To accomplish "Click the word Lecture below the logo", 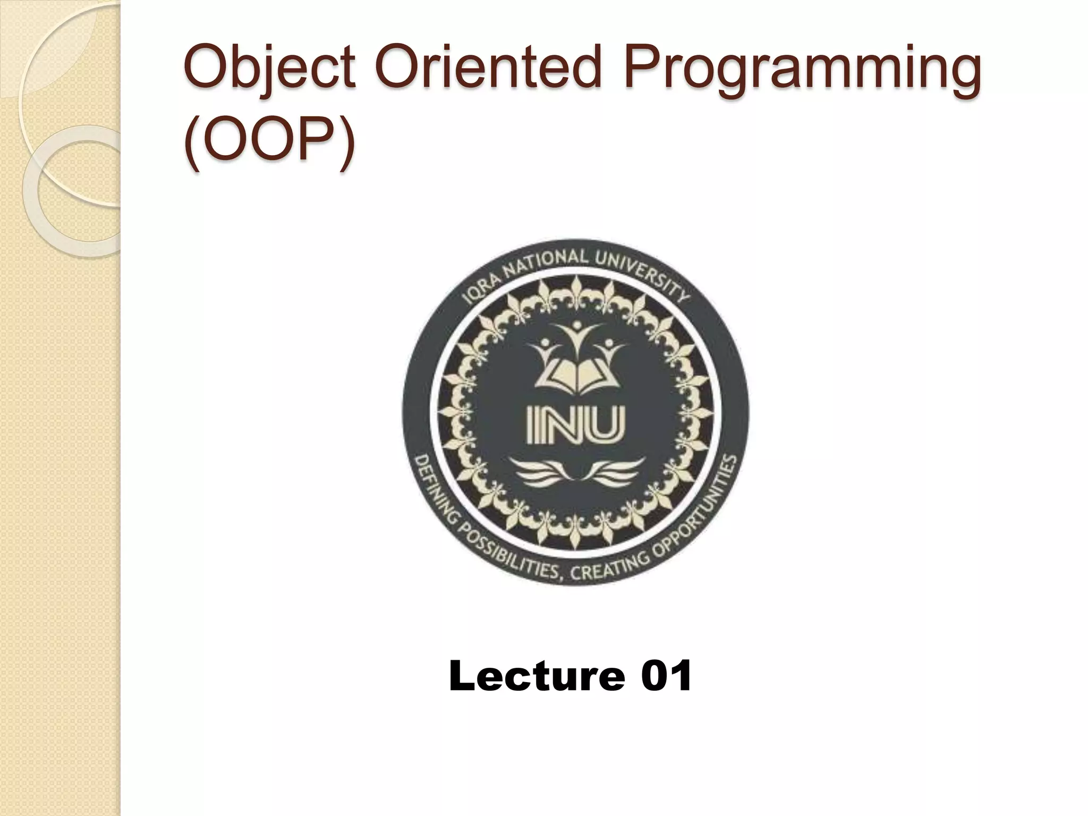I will tap(537, 676).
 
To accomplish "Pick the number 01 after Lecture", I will tap(666, 676).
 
